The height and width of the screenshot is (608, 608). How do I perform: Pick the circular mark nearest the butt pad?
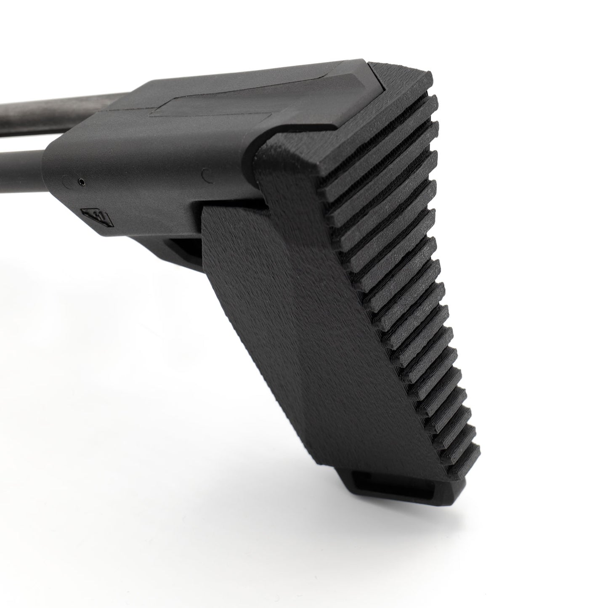click(x=206, y=174)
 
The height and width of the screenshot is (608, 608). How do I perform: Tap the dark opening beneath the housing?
click(x=185, y=248)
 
